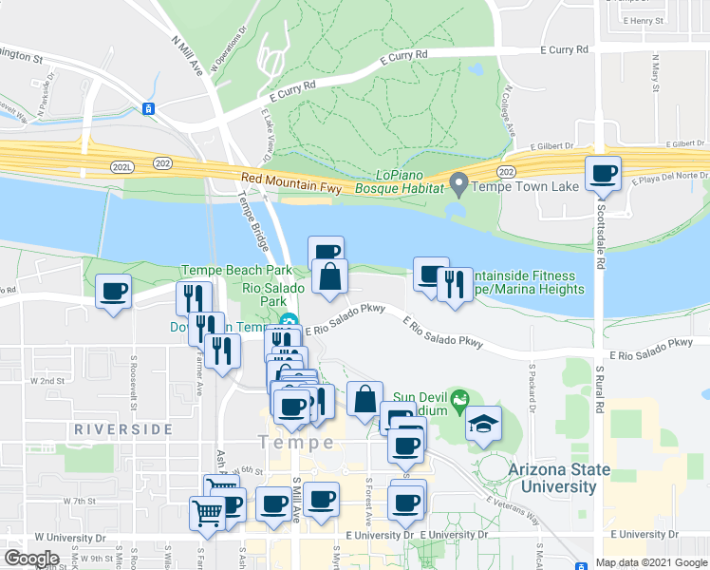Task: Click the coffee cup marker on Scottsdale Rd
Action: tap(603, 174)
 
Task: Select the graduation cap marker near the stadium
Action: tap(483, 423)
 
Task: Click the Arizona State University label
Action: tap(552, 478)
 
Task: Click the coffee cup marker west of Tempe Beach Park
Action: tap(114, 291)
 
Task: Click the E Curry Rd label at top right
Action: tap(564, 48)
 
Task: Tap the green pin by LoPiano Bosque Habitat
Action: tap(459, 180)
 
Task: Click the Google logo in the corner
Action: tap(31, 559)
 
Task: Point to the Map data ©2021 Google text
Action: tap(650, 562)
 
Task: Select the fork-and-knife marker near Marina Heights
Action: tap(455, 284)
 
